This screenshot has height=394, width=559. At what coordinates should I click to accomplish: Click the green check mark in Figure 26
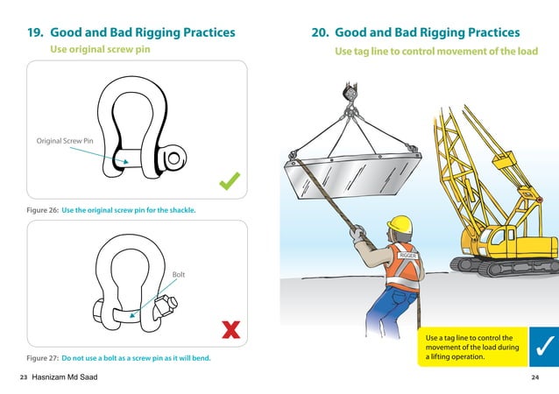(x=230, y=181)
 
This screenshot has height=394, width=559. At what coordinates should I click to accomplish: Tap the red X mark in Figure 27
(x=231, y=329)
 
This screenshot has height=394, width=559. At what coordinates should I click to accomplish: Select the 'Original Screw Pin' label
(x=65, y=141)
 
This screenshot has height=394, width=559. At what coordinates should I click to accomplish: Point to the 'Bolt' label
(x=179, y=275)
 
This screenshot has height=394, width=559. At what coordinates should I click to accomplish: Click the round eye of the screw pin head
(x=174, y=158)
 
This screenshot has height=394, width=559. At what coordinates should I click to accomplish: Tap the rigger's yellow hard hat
(x=400, y=224)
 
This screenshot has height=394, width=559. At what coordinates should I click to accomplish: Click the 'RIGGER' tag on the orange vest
(x=407, y=256)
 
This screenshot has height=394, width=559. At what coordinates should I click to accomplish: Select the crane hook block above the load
(x=350, y=93)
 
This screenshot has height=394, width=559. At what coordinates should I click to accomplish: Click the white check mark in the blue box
(x=544, y=346)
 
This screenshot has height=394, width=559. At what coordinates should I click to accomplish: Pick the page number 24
(x=534, y=377)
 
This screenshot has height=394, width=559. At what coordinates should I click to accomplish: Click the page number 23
(x=24, y=377)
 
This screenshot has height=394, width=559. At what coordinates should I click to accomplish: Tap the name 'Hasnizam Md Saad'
(x=65, y=376)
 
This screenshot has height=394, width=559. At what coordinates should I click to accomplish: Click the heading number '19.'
(x=35, y=32)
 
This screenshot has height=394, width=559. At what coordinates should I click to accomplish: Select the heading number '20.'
(x=320, y=32)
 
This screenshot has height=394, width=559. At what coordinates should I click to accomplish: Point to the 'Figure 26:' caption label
(x=42, y=210)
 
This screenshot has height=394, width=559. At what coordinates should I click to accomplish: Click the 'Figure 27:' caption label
(x=42, y=358)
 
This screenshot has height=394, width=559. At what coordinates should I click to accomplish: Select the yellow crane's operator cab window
(x=498, y=237)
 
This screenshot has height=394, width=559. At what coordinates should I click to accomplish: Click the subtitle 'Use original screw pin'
(x=100, y=49)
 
